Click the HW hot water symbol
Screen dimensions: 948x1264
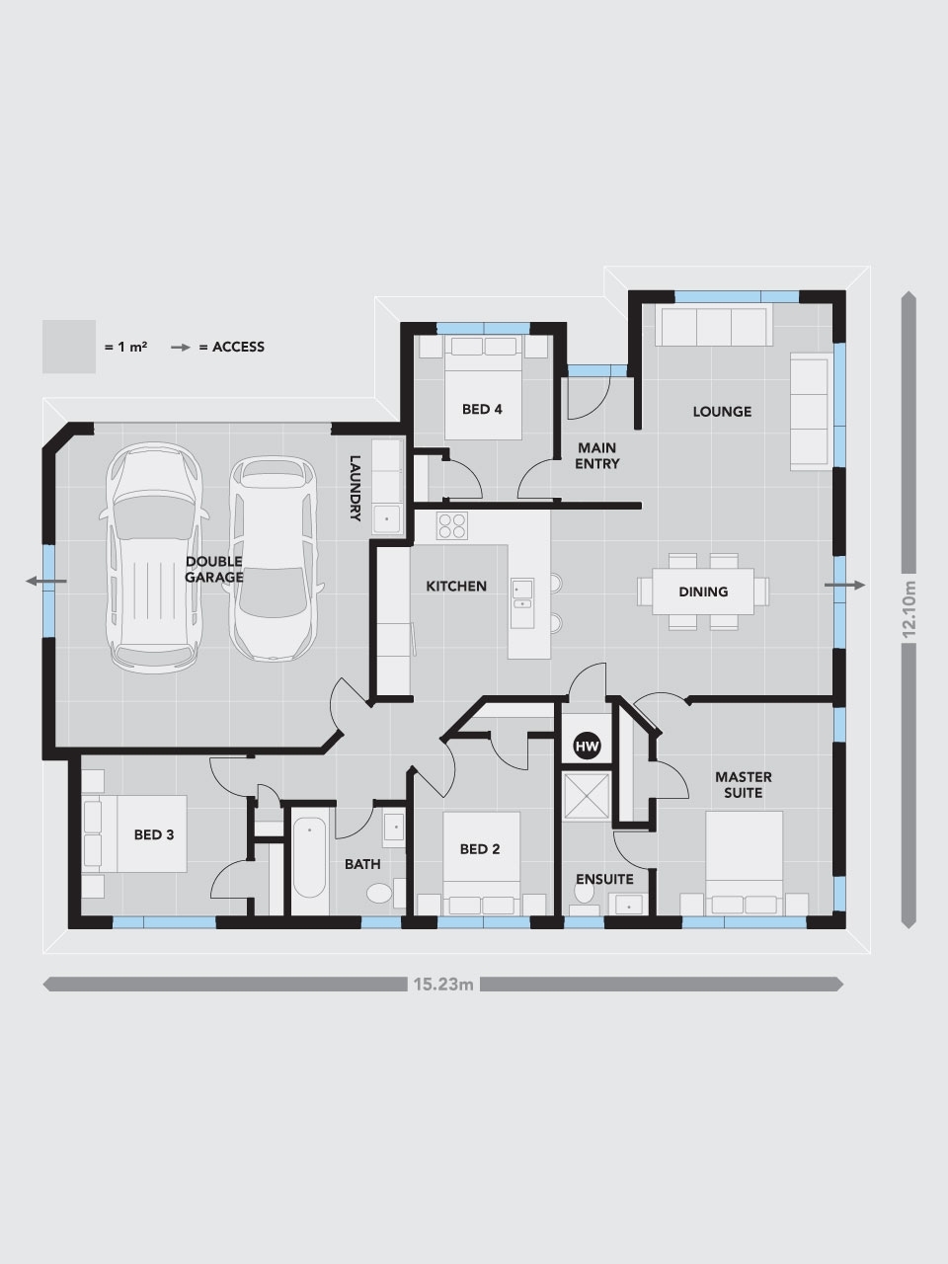coord(587,747)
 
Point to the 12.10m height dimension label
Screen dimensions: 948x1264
coord(908,609)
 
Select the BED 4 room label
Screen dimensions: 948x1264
coord(482,409)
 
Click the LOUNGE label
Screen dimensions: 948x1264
coord(722,411)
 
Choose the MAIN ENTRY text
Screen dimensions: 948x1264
coord(596,455)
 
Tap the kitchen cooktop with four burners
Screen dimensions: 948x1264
coord(452,525)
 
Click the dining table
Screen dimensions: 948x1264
coord(703,592)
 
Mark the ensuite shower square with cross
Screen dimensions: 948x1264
coord(587,796)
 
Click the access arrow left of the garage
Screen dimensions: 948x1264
coord(46,581)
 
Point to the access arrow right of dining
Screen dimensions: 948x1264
coord(844,585)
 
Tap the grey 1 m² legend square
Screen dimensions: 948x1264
coord(69,347)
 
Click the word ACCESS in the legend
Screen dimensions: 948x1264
coord(238,347)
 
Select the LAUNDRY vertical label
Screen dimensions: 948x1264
coord(355,489)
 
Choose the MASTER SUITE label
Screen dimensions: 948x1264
coord(743,784)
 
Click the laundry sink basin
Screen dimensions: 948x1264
coord(387,518)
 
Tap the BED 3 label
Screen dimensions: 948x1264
coord(154,834)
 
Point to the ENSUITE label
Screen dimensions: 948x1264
coord(604,879)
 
